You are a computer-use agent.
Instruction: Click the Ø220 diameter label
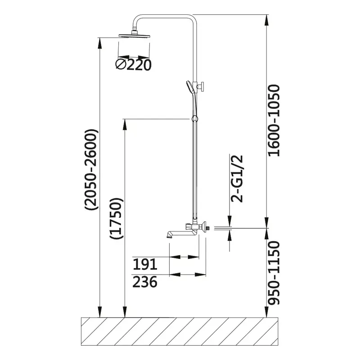point(133,64)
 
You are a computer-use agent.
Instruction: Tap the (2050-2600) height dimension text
point(92,170)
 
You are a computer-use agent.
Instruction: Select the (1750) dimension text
point(117,218)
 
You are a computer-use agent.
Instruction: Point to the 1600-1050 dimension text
point(274,121)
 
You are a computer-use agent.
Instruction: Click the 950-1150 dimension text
point(274,273)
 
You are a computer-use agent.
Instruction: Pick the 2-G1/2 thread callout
point(237,179)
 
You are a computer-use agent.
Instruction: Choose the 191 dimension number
point(145,264)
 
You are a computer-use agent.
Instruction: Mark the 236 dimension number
point(145,282)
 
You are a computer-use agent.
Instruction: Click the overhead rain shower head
point(135,36)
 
